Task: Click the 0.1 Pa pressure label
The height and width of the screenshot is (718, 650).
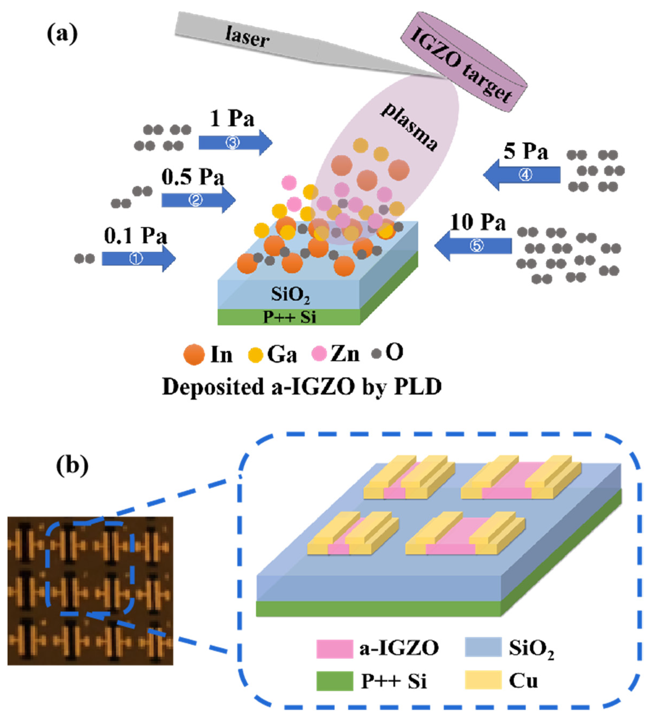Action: (136, 236)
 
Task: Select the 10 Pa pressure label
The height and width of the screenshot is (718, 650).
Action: (478, 223)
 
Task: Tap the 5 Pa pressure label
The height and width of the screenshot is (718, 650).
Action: (525, 151)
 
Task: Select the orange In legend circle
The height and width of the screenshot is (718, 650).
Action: (194, 355)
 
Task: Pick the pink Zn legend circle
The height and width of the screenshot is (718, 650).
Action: (319, 354)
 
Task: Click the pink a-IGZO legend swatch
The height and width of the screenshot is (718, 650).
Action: (334, 649)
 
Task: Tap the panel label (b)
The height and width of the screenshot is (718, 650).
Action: (72, 465)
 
